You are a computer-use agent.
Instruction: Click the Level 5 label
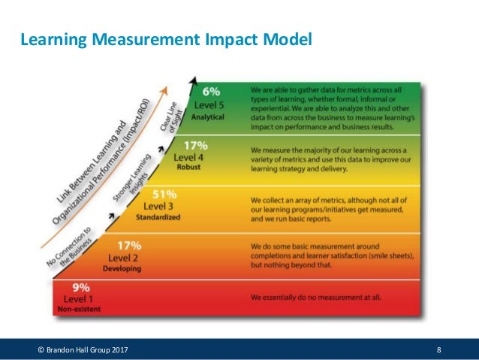coord(209,105)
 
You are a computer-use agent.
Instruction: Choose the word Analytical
coord(209,117)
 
